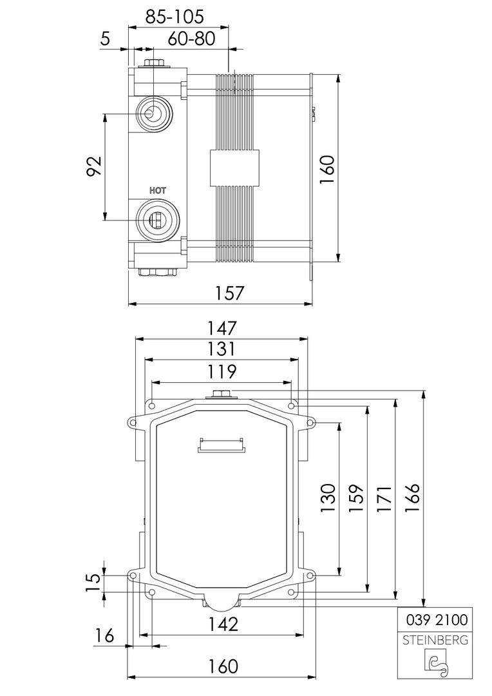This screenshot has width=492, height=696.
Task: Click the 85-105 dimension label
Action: pyautogui.click(x=175, y=16)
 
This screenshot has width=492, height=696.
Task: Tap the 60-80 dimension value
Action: pyautogui.click(x=192, y=39)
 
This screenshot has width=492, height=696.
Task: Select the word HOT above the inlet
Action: pyautogui.click(x=158, y=190)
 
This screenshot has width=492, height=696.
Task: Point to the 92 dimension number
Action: pyautogui.click(x=94, y=166)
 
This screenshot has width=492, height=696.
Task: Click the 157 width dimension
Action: pyautogui.click(x=230, y=293)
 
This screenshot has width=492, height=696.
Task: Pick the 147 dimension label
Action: pyautogui.click(x=222, y=328)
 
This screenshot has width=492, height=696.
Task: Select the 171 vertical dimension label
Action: pyautogui.click(x=385, y=498)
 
